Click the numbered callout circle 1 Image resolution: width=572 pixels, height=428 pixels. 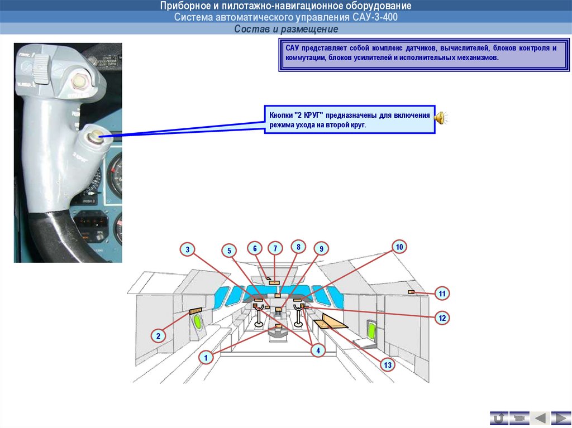(x=206, y=357)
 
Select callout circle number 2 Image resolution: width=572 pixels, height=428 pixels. (x=158, y=336)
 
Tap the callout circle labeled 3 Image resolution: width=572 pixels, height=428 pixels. (x=188, y=249)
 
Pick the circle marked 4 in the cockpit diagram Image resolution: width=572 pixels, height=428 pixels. (x=317, y=350)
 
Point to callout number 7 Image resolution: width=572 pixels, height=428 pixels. (x=275, y=248)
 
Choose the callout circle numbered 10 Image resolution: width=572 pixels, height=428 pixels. (x=399, y=247)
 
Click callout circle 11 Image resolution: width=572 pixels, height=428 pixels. (x=442, y=294)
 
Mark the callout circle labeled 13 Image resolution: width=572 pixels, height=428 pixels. (x=388, y=365)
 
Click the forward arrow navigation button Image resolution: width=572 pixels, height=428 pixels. (x=561, y=417)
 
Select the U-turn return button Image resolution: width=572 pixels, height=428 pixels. (x=499, y=417)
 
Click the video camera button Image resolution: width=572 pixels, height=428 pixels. (x=519, y=417)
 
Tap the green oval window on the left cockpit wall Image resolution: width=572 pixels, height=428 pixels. (x=198, y=322)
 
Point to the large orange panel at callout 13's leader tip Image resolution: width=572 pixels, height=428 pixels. (x=330, y=322)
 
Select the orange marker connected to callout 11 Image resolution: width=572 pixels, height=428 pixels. (x=411, y=292)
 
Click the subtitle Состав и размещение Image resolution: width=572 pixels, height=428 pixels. (x=285, y=28)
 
